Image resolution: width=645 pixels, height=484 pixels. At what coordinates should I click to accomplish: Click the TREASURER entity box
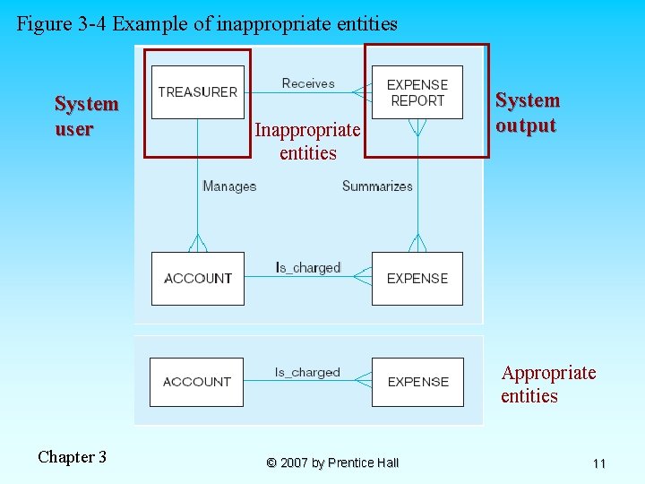tap(197, 91)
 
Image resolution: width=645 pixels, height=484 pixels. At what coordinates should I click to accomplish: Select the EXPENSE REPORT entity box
tap(417, 92)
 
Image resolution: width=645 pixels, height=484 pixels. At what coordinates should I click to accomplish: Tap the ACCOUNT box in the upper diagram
tap(197, 279)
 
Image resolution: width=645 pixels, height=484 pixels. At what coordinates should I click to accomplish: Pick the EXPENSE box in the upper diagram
tap(417, 279)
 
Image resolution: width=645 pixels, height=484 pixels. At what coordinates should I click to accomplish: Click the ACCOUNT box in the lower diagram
tap(196, 382)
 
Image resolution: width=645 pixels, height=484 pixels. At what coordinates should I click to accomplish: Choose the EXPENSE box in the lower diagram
tap(417, 382)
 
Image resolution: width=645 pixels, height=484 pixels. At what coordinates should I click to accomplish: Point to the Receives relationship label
tap(308, 83)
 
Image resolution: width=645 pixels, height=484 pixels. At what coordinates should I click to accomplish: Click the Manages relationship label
tap(229, 186)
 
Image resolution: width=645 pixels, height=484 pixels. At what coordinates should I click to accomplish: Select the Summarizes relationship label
tap(377, 186)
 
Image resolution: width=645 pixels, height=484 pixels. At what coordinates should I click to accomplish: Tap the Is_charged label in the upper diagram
tap(308, 267)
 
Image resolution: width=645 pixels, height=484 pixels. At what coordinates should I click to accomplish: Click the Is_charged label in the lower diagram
tap(307, 372)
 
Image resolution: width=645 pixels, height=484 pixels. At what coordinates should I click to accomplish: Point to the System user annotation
tap(86, 117)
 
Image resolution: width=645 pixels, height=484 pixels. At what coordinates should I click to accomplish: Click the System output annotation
tap(528, 113)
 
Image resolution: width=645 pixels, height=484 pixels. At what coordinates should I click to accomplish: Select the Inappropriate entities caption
tap(307, 142)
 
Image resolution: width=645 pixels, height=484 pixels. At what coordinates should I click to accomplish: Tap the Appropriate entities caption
tap(548, 385)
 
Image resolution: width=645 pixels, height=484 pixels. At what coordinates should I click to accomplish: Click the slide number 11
tap(599, 463)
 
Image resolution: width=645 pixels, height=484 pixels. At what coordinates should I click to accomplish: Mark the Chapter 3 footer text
tap(72, 457)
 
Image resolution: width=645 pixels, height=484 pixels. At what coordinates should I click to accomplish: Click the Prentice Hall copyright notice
tap(332, 462)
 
